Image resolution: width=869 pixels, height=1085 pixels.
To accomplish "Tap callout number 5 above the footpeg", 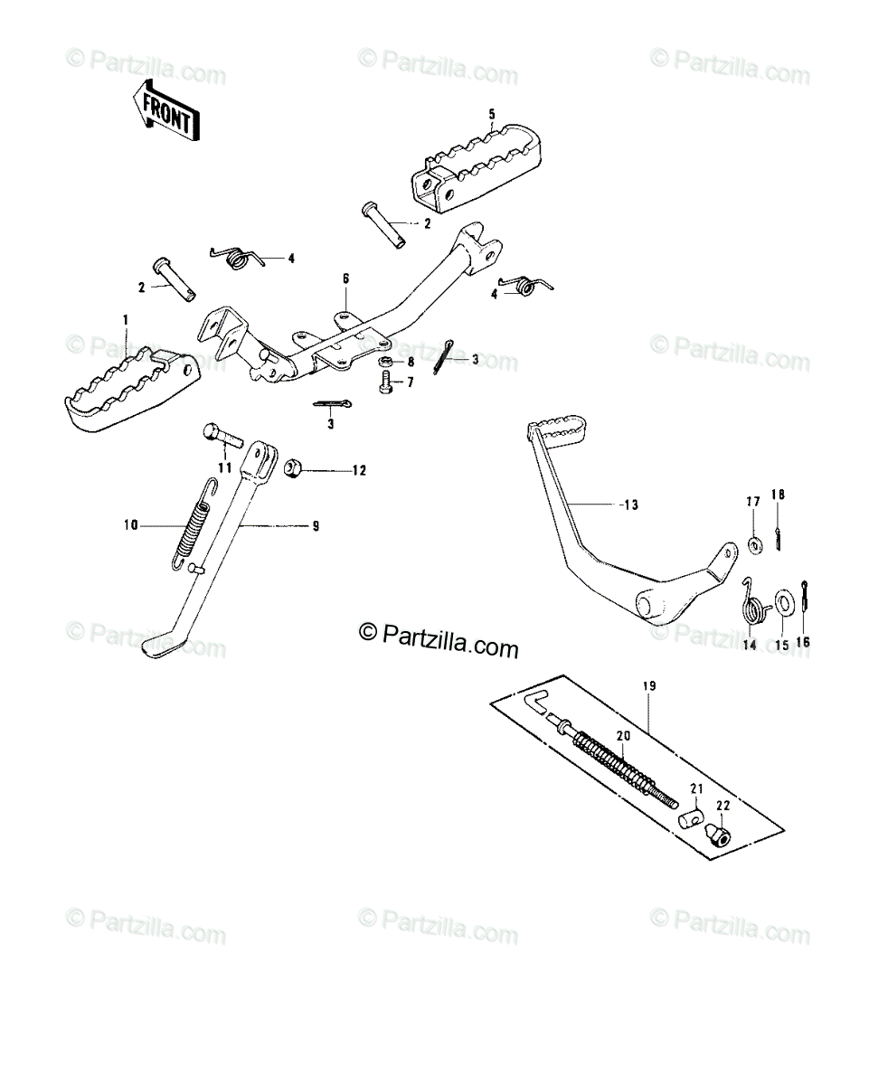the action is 492,114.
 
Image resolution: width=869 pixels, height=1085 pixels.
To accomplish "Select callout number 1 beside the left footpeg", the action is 126,320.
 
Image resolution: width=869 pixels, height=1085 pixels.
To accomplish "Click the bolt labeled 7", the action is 386,382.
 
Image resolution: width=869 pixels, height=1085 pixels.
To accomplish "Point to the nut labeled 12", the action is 292,468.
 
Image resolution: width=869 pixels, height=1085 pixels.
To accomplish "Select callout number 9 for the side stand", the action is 316,526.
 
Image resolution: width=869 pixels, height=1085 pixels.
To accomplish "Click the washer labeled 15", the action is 783,601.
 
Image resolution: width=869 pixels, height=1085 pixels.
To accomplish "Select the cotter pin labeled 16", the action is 806,597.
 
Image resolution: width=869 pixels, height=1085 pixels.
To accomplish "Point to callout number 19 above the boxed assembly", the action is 649,685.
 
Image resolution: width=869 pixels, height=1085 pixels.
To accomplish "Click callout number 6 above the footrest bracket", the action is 345,278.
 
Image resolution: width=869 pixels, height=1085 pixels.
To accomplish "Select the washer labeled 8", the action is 386,361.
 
